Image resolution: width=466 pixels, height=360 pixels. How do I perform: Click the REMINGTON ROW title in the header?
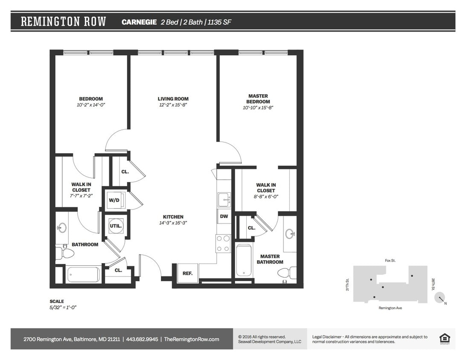tap(64, 22)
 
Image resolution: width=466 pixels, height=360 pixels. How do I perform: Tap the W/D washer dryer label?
tap(114, 200)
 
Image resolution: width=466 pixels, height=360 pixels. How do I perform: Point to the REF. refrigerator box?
tap(188, 273)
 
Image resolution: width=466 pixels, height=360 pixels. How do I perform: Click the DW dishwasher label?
tap(224, 216)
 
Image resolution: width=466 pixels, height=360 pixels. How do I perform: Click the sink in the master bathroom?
tap(290, 234)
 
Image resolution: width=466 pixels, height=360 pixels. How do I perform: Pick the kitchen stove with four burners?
tap(223, 244)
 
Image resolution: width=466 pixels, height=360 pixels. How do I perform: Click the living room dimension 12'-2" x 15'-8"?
tap(173, 105)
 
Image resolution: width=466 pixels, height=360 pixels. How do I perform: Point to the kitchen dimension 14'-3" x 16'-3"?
tap(173, 223)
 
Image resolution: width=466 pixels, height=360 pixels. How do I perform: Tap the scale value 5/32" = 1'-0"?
tap(63, 307)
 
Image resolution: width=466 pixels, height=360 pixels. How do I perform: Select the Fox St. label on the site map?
tap(390, 260)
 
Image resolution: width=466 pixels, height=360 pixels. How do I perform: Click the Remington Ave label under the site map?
tap(390, 308)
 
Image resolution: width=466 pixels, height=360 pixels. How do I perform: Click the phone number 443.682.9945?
tap(142, 339)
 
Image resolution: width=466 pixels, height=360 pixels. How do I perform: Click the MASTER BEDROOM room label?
tap(258, 99)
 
